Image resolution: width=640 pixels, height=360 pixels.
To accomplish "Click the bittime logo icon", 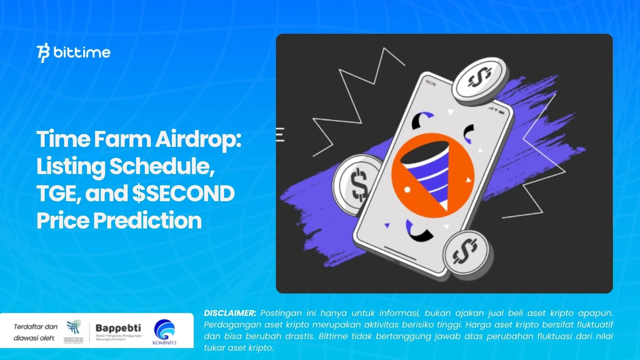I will (x=43, y=53).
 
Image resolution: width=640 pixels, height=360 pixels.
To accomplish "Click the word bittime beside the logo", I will (x=82, y=52).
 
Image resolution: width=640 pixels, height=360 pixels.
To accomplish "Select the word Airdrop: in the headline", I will (x=198, y=139).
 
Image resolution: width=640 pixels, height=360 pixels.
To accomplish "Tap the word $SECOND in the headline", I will (x=183, y=193).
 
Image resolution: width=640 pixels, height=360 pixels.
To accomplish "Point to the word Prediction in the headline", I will (x=147, y=221).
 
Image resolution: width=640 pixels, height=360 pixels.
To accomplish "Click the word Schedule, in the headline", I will (x=162, y=166).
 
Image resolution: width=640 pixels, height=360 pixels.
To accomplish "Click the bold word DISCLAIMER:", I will (x=230, y=313).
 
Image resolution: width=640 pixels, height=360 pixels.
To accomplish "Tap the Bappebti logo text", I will (x=118, y=328).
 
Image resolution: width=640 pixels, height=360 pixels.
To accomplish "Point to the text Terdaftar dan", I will (x=36, y=327).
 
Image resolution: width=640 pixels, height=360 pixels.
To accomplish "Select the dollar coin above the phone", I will (x=480, y=80).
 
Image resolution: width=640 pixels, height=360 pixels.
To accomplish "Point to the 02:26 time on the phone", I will (x=431, y=83).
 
